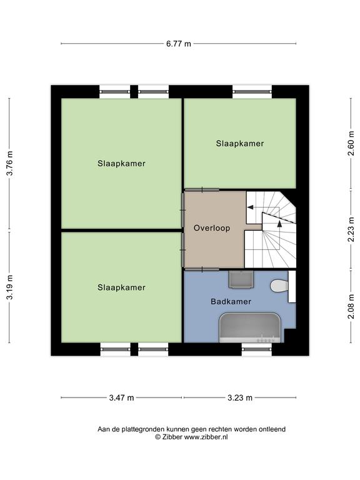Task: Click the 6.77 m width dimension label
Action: pyautogui.click(x=179, y=44)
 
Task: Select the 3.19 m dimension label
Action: pyautogui.click(x=10, y=287)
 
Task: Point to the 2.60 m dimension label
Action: pyautogui.click(x=351, y=143)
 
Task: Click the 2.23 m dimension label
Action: pyautogui.click(x=351, y=229)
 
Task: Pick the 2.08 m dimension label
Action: pyautogui.click(x=351, y=306)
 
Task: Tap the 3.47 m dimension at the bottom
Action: pyautogui.click(x=121, y=397)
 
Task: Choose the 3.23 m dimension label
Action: pyautogui.click(x=240, y=397)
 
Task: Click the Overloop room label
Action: pyautogui.click(x=212, y=228)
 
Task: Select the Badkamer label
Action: pyautogui.click(x=231, y=301)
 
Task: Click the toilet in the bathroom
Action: pyautogui.click(x=279, y=286)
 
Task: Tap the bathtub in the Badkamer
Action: pyautogui.click(x=250, y=327)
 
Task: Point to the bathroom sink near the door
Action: pyautogui.click(x=241, y=279)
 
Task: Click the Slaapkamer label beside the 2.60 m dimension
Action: pyautogui.click(x=240, y=143)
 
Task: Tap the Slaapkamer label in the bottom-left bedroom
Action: pyautogui.click(x=121, y=287)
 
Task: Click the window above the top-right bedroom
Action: pyautogui.click(x=252, y=91)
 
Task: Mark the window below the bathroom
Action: pyautogui.click(x=256, y=349)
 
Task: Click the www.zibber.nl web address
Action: pyautogui.click(x=206, y=437)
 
